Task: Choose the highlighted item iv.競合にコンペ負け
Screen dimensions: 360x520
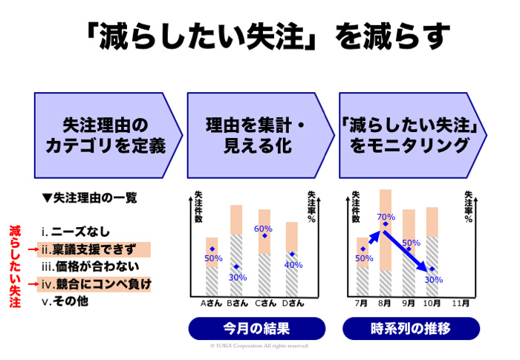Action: click(x=96, y=284)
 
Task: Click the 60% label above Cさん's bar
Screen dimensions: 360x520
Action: click(x=263, y=229)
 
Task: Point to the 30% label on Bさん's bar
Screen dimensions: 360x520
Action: click(x=237, y=277)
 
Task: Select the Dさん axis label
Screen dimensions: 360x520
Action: click(x=293, y=303)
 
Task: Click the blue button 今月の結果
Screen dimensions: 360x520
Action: click(x=256, y=328)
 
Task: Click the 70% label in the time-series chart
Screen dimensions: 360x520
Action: click(x=386, y=217)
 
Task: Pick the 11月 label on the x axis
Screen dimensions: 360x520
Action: click(x=461, y=303)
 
